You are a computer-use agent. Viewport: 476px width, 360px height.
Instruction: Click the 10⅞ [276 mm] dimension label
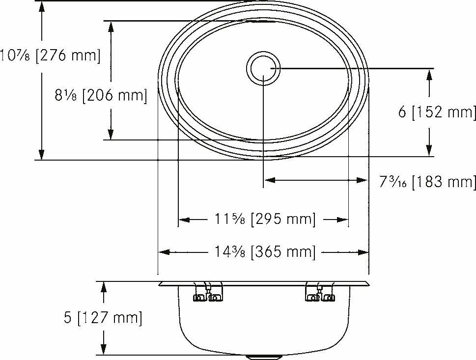click(50, 55)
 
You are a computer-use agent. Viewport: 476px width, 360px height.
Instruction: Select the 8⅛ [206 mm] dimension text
click(101, 95)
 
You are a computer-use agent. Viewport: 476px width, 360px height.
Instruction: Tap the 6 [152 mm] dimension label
click(437, 112)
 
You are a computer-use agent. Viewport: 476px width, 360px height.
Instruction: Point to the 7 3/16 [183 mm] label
click(427, 182)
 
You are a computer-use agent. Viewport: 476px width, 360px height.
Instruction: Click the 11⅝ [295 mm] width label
click(264, 219)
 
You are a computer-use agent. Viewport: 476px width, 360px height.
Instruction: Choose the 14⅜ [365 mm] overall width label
click(264, 252)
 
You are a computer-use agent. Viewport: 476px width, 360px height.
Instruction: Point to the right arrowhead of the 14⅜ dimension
click(364, 252)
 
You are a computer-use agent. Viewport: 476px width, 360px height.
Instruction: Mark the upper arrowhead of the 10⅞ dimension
click(42, 6)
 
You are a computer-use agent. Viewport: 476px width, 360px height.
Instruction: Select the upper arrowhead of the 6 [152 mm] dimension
click(430, 74)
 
